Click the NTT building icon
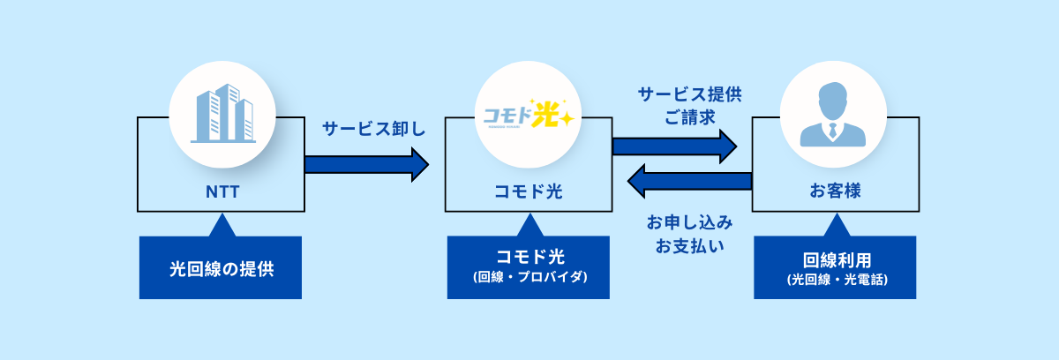click(x=222, y=113)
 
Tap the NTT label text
click(x=221, y=191)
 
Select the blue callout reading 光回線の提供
click(x=221, y=268)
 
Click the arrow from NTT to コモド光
click(x=366, y=164)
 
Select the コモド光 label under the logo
click(x=528, y=191)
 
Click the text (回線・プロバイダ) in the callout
click(x=528, y=278)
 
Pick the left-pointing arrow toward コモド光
click(x=688, y=181)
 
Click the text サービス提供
click(x=689, y=94)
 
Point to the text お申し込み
click(x=689, y=221)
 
